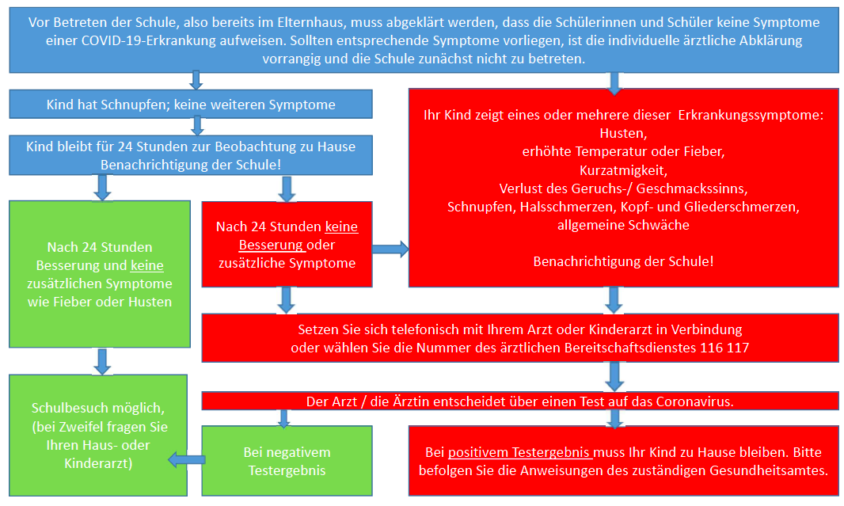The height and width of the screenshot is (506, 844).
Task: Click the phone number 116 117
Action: pyautogui.click(x=724, y=348)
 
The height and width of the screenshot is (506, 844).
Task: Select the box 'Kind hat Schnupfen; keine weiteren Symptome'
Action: pyautogui.click(x=191, y=104)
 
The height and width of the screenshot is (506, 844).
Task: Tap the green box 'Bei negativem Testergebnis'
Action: pyautogui.click(x=287, y=461)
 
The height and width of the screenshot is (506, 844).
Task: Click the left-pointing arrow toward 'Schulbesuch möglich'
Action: pyautogui.click(x=187, y=460)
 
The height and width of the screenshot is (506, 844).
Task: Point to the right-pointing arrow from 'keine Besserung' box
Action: pyautogui.click(x=390, y=249)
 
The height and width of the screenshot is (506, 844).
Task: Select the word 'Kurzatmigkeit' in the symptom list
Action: pyautogui.click(x=623, y=170)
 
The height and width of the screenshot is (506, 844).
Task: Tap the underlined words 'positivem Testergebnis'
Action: pyautogui.click(x=519, y=452)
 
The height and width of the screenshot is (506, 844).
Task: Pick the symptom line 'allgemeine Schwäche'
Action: pyautogui.click(x=623, y=225)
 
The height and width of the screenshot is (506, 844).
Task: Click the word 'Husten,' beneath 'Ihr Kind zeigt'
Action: pyautogui.click(x=623, y=134)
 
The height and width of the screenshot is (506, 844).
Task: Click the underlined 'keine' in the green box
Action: pyautogui.click(x=147, y=265)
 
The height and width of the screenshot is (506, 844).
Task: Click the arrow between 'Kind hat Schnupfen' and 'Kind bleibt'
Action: pyautogui.click(x=198, y=126)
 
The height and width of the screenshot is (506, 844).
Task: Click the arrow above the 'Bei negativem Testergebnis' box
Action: pyautogui.click(x=284, y=418)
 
